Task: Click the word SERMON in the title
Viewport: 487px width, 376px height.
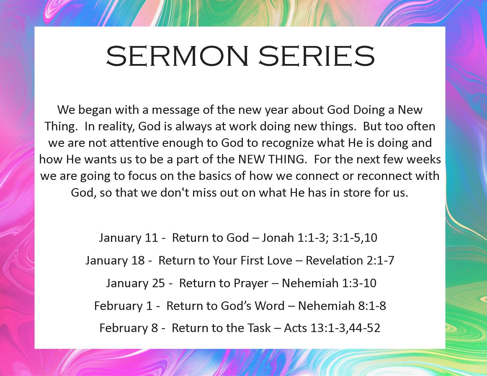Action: click(177, 56)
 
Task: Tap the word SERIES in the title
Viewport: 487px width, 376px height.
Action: click(317, 56)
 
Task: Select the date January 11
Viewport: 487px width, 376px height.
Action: click(129, 238)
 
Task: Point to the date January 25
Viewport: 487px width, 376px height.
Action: click(135, 283)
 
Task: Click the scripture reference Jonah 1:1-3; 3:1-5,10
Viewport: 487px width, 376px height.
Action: click(320, 238)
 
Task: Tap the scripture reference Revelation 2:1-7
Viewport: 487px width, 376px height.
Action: click(350, 260)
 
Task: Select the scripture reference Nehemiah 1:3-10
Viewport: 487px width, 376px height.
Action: click(329, 283)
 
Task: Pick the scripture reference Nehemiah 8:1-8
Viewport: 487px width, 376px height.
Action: click(342, 306)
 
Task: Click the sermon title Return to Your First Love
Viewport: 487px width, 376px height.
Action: click(225, 260)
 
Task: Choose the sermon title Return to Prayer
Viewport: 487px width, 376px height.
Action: click(224, 284)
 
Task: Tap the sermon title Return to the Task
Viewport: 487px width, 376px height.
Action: click(221, 328)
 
